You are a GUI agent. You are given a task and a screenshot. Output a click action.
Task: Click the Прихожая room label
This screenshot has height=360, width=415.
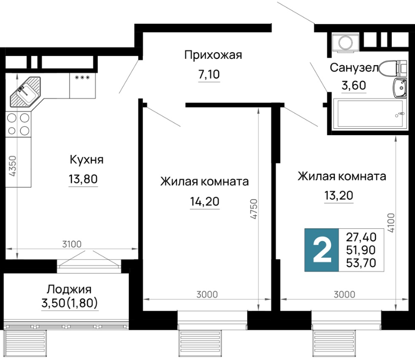pos(213,55)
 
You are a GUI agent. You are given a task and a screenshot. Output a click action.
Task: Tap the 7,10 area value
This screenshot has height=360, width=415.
pos(209,74)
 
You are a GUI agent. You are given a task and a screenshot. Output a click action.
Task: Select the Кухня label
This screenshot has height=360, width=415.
pos(86,160)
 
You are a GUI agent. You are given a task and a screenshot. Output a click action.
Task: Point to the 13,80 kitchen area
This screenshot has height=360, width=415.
pos(83,179)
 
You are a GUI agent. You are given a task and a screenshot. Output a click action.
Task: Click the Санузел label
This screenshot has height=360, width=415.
pos(354,68)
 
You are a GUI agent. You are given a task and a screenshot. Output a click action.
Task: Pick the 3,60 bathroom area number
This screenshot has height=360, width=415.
pos(354,85)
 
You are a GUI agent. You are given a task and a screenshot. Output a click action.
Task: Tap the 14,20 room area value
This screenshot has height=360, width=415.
pos(205,201)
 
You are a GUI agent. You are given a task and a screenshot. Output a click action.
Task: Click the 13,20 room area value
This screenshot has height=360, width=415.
pos(339,195)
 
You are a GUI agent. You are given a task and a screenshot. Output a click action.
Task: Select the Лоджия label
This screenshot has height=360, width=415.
pos(69,290)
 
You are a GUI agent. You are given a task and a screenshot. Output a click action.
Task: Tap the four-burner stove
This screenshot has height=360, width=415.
pos(18,124)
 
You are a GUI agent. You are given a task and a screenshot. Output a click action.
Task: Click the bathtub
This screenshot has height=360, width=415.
pos(368,114)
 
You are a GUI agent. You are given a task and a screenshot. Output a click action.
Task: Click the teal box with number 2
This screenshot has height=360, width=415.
pos(321,250)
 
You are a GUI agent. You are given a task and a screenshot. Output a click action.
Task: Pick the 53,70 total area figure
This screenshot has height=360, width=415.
pos(361,263)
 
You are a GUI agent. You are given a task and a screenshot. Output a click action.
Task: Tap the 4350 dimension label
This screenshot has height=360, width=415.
pos(13,166)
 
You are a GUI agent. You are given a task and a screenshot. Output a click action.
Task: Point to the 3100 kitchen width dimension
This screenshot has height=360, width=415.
pos(72,244)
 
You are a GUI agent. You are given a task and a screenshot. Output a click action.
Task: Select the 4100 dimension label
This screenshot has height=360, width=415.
pos(391,223)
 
